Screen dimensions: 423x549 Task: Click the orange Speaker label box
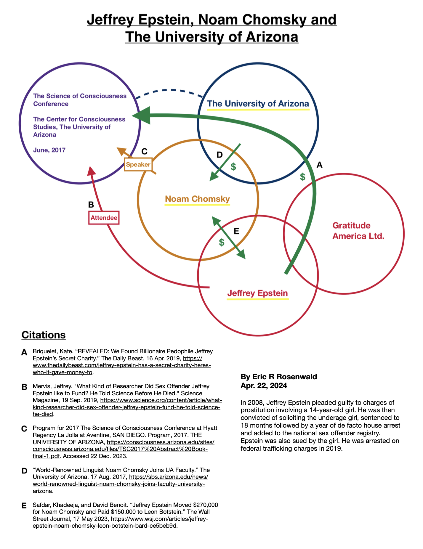(x=138, y=164)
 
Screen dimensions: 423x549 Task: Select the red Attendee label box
(x=104, y=218)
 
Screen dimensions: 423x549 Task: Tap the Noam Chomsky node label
(x=197, y=199)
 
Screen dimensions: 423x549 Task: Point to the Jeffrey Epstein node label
(x=257, y=293)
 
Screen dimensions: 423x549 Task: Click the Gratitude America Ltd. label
(x=358, y=231)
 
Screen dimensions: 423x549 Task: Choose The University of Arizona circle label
(x=258, y=104)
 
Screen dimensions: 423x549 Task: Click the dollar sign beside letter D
(x=233, y=167)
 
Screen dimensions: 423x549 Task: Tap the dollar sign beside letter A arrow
(x=302, y=177)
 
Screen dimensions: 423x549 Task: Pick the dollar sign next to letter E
(x=222, y=242)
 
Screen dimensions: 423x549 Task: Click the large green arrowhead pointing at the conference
(x=141, y=116)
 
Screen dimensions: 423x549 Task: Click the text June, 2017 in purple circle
(x=49, y=150)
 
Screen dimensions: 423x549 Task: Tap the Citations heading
(x=44, y=335)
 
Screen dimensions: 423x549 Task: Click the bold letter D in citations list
(x=25, y=471)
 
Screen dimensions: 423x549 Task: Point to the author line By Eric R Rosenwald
(x=279, y=377)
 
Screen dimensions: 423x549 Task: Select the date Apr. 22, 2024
(x=264, y=386)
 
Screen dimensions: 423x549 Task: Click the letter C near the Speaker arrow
(x=144, y=152)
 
